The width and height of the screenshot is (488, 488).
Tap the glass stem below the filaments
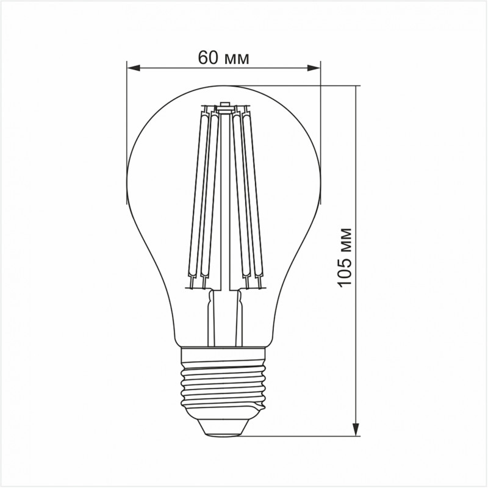click(224, 317)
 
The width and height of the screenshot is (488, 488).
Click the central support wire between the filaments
click(224, 201)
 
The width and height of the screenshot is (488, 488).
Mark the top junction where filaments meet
click(224, 109)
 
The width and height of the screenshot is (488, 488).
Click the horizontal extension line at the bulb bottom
click(293, 436)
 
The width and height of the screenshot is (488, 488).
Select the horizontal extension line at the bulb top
click(293, 85)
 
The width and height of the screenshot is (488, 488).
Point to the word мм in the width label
click(238, 59)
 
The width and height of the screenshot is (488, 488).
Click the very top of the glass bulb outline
click(223, 85)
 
